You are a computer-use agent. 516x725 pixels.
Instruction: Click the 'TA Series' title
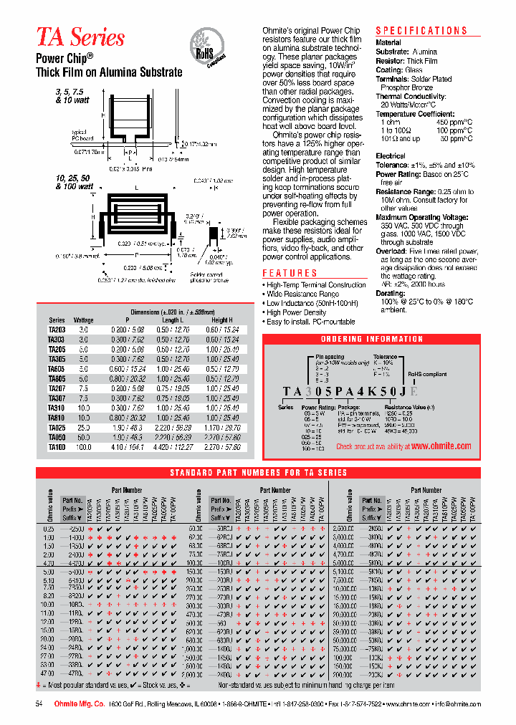(x=80, y=37)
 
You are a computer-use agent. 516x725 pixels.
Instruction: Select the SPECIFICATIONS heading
(x=421, y=31)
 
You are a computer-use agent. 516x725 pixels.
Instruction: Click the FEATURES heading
(x=290, y=273)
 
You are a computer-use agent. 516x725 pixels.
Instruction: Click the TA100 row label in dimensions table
(x=57, y=446)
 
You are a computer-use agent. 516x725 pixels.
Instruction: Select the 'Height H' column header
(x=222, y=320)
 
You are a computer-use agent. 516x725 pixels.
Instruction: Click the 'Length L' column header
(x=172, y=320)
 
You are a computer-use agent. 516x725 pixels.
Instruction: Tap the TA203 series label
(x=57, y=330)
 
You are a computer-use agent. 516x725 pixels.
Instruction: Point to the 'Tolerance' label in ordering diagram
(x=385, y=356)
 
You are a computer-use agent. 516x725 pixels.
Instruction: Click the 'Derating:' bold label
(x=391, y=294)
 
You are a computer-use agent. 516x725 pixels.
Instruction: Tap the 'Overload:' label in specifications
(x=391, y=251)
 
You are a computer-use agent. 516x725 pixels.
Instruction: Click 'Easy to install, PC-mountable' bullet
(x=310, y=322)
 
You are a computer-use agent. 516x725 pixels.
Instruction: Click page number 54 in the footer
(x=39, y=705)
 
